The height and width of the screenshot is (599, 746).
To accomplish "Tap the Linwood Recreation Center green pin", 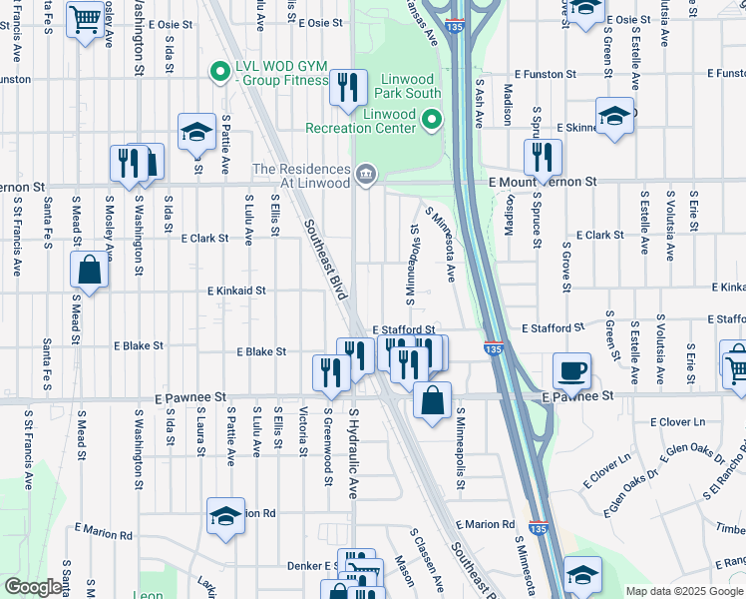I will tap(432, 121).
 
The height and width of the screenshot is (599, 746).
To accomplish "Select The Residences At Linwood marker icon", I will tap(366, 175).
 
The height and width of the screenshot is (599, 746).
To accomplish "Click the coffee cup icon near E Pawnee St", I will tap(571, 371).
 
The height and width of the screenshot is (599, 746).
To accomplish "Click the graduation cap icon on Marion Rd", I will tap(226, 516).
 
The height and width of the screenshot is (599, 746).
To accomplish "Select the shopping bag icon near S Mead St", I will tap(89, 271).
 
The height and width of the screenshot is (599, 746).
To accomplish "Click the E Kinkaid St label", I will tap(236, 291).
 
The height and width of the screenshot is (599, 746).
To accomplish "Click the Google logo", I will tap(33, 587).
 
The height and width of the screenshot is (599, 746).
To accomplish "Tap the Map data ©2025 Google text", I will tap(683, 591).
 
